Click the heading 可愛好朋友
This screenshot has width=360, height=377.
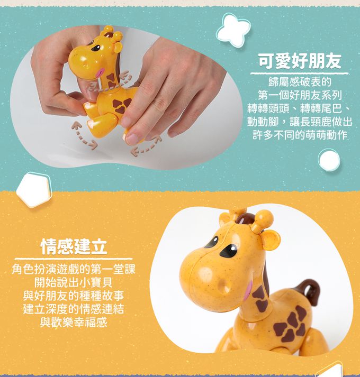point(300,61)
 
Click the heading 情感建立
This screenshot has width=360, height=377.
point(74,246)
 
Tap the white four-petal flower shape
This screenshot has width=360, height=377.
point(233,30)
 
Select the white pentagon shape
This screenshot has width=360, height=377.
point(34,190)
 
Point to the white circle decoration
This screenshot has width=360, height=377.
point(329,160)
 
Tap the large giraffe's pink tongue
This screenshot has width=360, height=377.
point(248,290)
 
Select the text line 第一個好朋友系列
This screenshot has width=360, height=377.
point(300,96)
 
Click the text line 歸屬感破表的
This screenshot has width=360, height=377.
point(300,82)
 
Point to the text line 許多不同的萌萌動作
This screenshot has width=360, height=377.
point(300,135)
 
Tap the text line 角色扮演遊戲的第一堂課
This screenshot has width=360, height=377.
point(74,269)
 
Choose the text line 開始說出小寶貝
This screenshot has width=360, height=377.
point(74,282)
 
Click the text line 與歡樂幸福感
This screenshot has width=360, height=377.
point(74,322)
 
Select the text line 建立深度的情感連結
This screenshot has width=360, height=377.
point(74,309)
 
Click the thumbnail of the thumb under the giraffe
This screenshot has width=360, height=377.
point(131,139)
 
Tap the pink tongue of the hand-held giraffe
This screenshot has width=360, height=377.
point(100,72)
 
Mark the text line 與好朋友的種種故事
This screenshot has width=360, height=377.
point(74,296)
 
